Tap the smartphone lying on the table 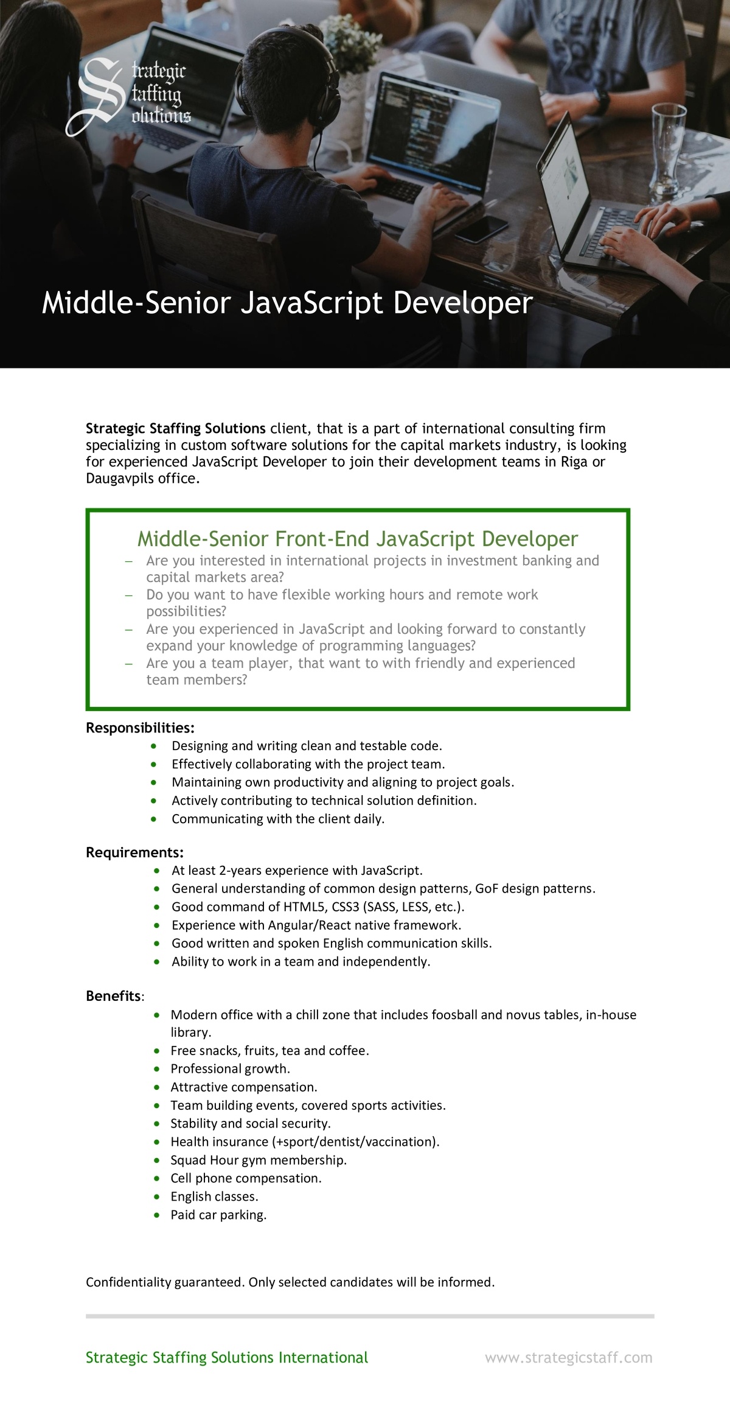481,230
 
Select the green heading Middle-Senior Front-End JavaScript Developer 357,538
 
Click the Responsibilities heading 140,728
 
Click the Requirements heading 134,852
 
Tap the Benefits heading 114,995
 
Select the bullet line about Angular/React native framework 316,925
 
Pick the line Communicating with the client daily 278,818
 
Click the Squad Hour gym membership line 259,1160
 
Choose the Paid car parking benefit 218,1215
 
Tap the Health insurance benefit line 304,1142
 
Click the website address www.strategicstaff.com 568,1357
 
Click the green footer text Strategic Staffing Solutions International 226,1357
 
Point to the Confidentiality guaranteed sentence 290,1282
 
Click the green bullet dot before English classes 158,1196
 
